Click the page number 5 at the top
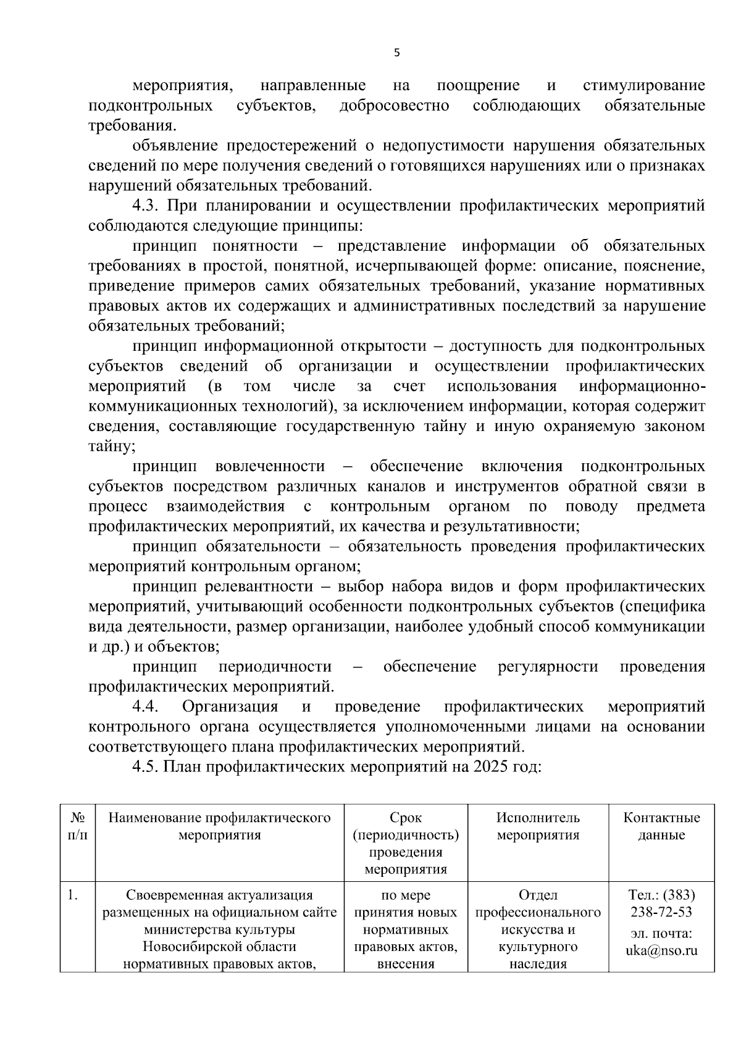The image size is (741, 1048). (396, 53)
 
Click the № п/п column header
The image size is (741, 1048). (77, 826)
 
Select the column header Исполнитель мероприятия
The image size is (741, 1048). (538, 826)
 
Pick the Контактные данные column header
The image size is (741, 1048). (661, 826)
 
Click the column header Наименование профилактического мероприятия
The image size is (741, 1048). (219, 826)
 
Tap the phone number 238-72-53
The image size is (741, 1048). (661, 912)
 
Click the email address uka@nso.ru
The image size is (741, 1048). (661, 950)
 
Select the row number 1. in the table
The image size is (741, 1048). (73, 895)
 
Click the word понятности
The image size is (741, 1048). (255, 246)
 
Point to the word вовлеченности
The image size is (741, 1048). (270, 466)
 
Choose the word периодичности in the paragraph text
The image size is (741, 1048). (275, 666)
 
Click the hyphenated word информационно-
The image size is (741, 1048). (642, 386)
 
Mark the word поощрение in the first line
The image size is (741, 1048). (478, 85)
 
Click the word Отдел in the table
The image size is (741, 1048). (538, 895)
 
